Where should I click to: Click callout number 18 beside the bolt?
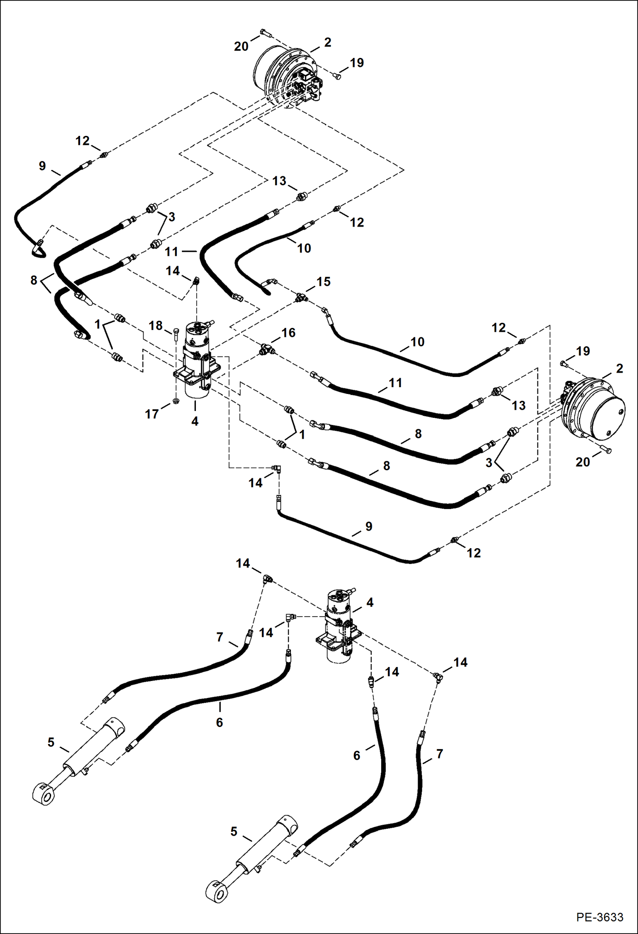click(x=155, y=325)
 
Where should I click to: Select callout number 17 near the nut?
click(x=152, y=414)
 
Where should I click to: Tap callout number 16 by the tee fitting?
click(x=288, y=333)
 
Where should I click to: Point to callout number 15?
click(x=323, y=282)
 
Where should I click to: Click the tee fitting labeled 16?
click(x=267, y=350)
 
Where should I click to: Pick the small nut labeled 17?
click(x=176, y=401)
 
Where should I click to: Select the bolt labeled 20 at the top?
click(x=264, y=32)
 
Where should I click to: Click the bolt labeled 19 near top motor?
click(x=337, y=76)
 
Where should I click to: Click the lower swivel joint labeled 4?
click(x=339, y=625)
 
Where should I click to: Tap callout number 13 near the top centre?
click(x=279, y=181)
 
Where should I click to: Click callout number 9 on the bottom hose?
click(x=368, y=526)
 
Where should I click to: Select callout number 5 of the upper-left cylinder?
click(x=51, y=742)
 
